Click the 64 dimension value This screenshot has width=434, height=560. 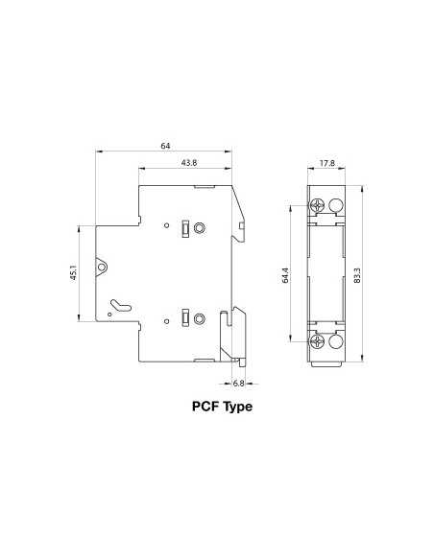165,146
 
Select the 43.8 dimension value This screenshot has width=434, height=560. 188,164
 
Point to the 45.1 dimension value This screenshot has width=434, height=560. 73,274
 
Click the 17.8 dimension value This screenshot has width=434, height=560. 327,164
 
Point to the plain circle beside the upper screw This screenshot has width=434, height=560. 336,205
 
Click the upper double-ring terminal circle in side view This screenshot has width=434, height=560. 200,228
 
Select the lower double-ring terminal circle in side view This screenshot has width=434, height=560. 200,319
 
